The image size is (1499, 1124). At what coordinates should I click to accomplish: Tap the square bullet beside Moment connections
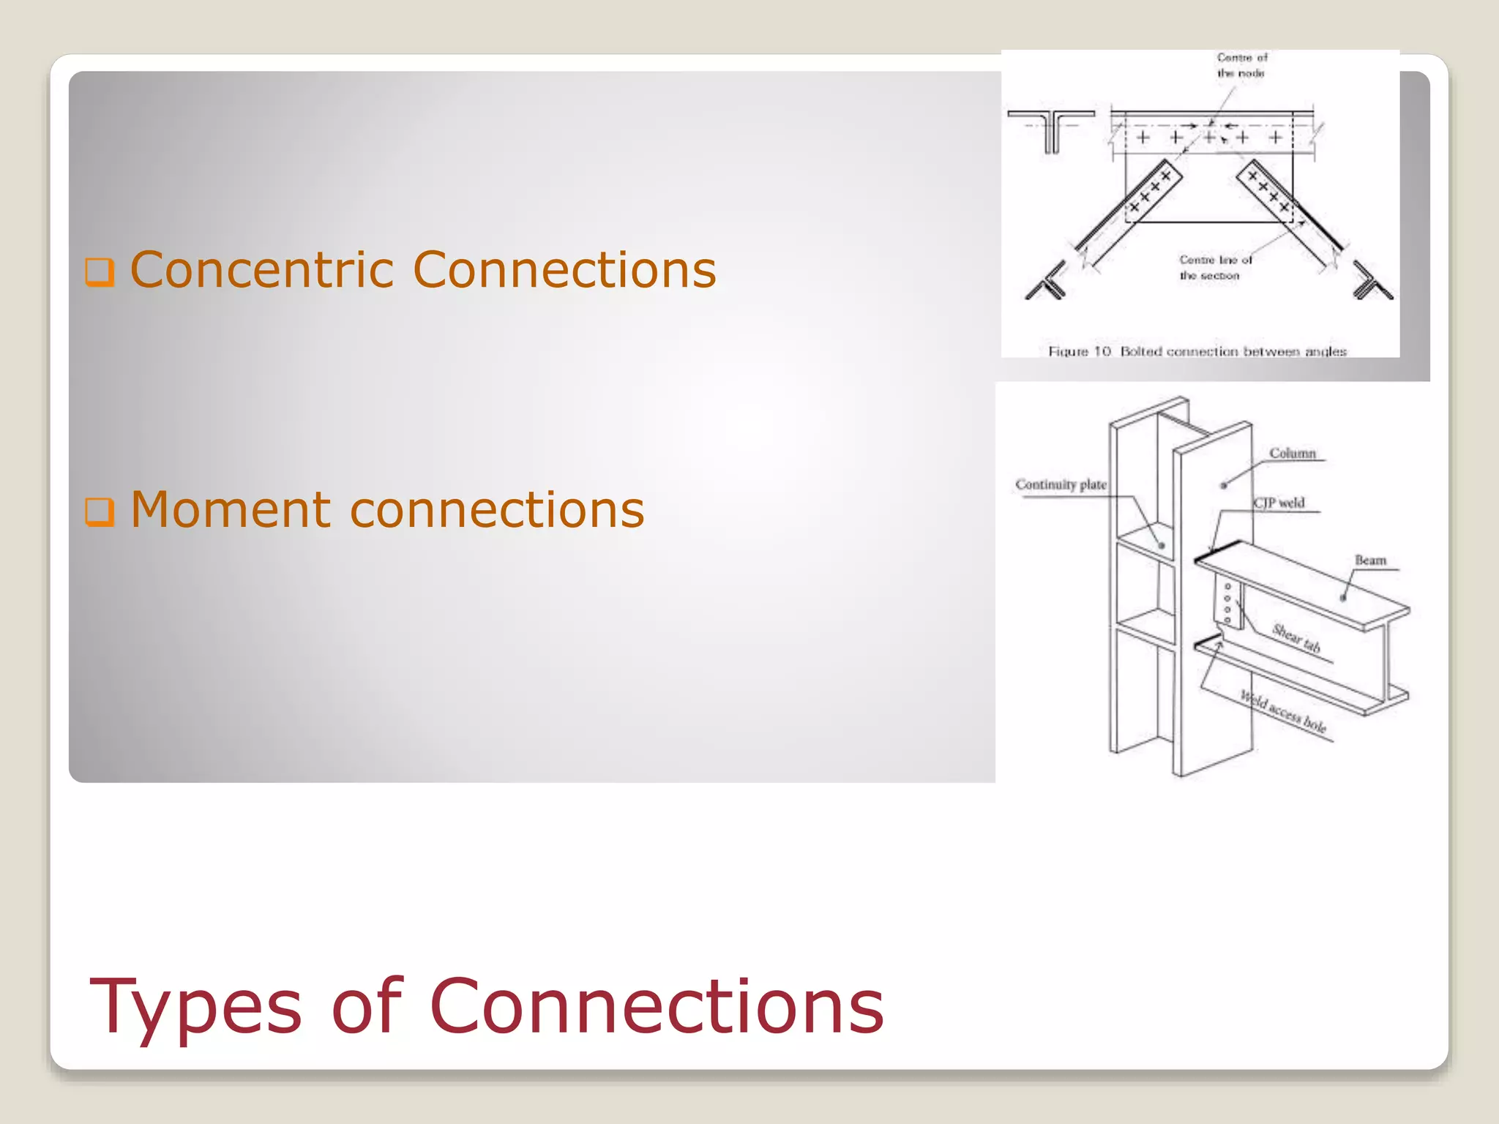pos(100,512)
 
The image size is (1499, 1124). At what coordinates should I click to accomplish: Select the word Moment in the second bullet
pos(231,510)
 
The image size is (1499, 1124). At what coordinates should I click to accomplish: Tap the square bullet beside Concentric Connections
pos(100,271)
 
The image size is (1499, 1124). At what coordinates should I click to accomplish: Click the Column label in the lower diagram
pos(1292,454)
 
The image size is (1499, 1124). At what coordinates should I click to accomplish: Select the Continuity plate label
pos(1061,484)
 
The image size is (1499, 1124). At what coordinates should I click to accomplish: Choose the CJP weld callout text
pos(1279,503)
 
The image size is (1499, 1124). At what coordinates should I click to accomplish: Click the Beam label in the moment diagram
pos(1370,561)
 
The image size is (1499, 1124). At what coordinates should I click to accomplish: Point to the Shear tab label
pos(1296,637)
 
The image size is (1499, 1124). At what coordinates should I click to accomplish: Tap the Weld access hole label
pos(1283,711)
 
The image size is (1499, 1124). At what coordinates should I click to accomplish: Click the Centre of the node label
pos(1241,65)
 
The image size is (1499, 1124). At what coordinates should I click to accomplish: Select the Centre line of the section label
pos(1215,268)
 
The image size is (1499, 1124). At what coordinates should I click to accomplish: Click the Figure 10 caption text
pos(1197,351)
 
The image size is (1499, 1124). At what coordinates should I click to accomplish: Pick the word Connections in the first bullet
pos(564,270)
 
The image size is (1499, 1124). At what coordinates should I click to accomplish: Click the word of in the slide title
pos(366,1008)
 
